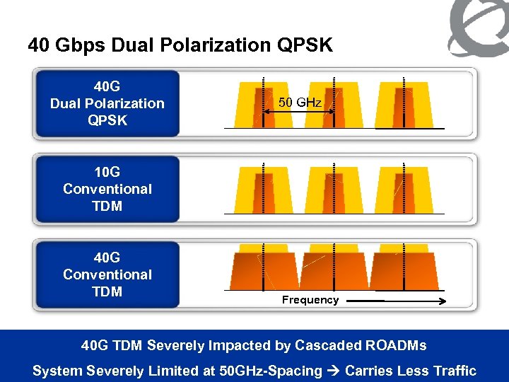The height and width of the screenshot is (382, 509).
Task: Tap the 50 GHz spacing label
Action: pos(300,103)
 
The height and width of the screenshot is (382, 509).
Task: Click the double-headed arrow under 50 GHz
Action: pos(298,112)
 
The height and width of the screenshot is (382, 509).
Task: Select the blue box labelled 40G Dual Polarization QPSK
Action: pos(107,103)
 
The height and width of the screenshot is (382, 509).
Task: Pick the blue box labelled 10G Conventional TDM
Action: pos(107,189)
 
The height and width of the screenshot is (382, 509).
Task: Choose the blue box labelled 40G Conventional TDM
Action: pos(107,274)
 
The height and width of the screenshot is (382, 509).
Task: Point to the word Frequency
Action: pos(310,300)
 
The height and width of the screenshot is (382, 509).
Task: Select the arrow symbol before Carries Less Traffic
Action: pos(334,371)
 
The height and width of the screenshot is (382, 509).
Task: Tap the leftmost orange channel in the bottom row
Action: pos(262,272)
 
